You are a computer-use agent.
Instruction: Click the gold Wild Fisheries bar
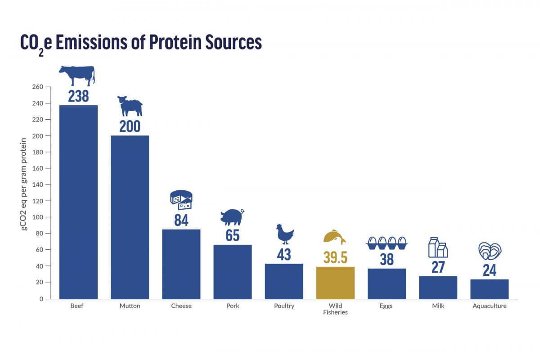pos(335,283)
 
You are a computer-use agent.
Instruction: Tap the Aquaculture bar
pos(490,289)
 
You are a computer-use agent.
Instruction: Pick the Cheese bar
pos(181,264)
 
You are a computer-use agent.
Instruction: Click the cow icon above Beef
pos(77,75)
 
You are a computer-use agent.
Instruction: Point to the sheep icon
pos(130,106)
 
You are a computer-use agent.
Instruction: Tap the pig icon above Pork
pos(232,217)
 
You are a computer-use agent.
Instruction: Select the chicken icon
pos(284,234)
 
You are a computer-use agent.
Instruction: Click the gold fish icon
pos(335,237)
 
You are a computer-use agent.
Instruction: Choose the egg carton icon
pos(387,243)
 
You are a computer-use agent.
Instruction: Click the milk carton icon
pos(438,247)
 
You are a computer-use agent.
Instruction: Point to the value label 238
pos(78,96)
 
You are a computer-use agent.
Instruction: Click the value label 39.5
pos(335,257)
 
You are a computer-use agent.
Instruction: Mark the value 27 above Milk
pos(438,267)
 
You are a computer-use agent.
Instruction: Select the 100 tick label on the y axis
pos(38,217)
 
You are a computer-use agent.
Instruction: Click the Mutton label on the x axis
pos(130,306)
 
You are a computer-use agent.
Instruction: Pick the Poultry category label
pos(284,306)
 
